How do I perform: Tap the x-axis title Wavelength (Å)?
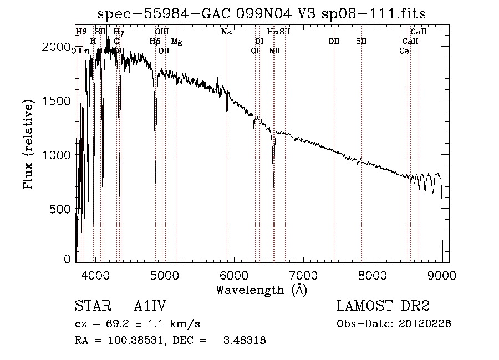point(261,290)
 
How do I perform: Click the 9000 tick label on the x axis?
point(442,276)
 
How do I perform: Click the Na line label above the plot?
point(226,32)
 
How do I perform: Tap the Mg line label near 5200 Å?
point(176,42)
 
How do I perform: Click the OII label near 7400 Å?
point(334,42)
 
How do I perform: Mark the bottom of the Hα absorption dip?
point(273,186)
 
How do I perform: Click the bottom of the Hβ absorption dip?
point(155,182)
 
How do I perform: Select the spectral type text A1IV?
point(150,307)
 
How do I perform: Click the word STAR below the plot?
point(90,307)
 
